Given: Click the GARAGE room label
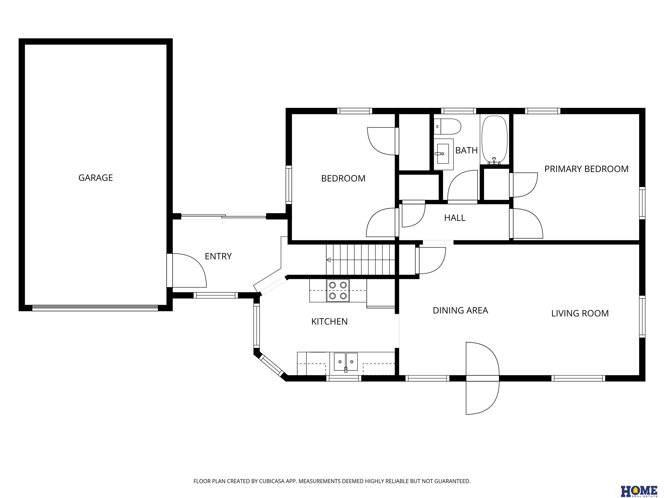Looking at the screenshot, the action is pos(96,178).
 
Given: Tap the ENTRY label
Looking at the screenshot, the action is pos(218,256).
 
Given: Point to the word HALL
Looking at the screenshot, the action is pos(455,218).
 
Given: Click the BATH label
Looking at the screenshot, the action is pos(466,150).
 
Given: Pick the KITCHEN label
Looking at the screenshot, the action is pos(329,321).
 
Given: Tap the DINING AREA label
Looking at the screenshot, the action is pos(460,310).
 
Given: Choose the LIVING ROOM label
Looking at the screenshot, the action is pos(580,313).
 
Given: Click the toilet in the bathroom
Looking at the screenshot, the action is pos(447,127).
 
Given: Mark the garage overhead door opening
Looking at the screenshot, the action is pos(95,308).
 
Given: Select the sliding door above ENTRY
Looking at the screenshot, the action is pos(224,216).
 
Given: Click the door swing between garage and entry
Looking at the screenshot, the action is pos(189,270).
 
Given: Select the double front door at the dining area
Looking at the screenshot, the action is pos(482,378).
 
